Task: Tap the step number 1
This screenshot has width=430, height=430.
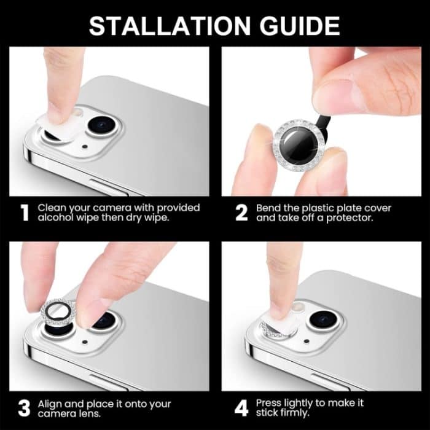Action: (25, 213)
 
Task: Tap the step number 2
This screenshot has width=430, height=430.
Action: (242, 213)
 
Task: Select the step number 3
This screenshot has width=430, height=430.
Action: (25, 408)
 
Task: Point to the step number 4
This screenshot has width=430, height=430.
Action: (241, 408)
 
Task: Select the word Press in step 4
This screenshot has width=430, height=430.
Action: (270, 403)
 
